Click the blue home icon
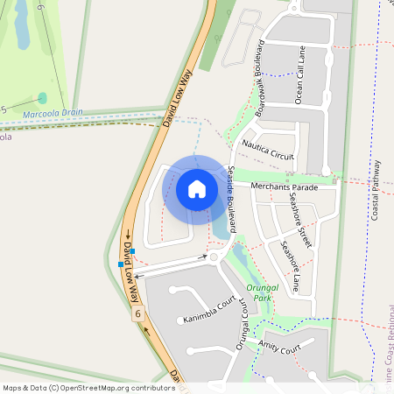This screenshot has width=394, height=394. [197, 188]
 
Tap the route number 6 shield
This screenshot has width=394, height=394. [138, 313]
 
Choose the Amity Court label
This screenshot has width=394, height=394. [280, 348]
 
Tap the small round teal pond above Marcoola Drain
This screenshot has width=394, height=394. [42, 98]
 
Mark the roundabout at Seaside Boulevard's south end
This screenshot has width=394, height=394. [213, 257]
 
